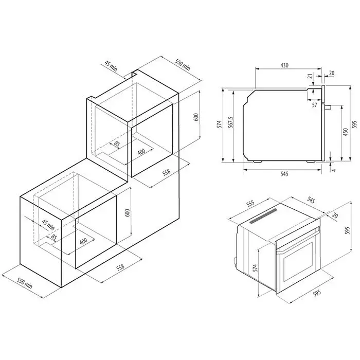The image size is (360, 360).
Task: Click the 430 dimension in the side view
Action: [284, 65]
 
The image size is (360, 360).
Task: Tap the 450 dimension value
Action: [346, 132]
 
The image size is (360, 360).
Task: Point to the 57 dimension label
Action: [315, 105]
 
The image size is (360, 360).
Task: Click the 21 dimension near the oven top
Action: [310, 76]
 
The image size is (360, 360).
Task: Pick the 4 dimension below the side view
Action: [334, 170]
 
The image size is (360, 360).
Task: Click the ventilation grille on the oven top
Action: [263, 216]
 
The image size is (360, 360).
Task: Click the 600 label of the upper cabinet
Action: [196, 117]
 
